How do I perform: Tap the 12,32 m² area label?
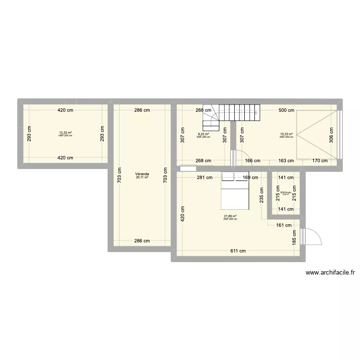coord(66,132)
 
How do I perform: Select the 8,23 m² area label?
coord(204,134)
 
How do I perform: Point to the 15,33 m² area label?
coord(287,134)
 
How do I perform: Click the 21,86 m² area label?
coord(230,216)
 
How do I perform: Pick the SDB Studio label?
coord(286,192)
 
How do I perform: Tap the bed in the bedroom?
coord(235,191)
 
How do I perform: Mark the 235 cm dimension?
coord(262,195)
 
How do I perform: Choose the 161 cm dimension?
coord(284,225)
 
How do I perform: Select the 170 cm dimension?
coord(319,161)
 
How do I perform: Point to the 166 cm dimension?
coord(252,161)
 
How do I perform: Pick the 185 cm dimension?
coord(295,236)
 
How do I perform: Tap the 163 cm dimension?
coord(287,161)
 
